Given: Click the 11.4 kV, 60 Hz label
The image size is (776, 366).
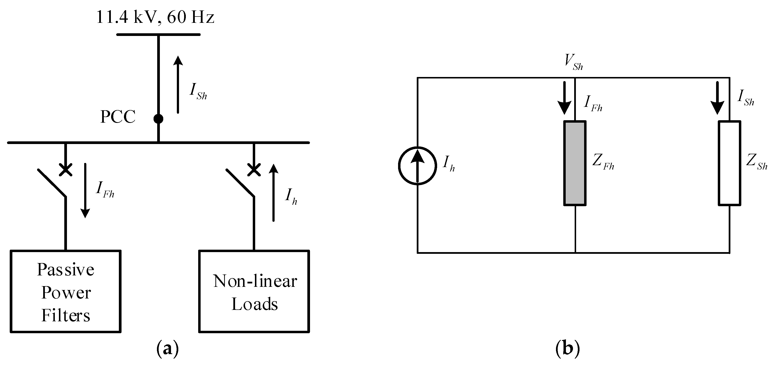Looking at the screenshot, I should tap(155, 17).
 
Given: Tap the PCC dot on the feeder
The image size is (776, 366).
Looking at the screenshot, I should tap(158, 119).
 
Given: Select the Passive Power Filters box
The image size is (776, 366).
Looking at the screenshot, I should tap(66, 291).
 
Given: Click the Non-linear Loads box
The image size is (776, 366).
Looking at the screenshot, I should tap(254, 291).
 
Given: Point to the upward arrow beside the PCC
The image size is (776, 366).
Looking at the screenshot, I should tap(178, 85).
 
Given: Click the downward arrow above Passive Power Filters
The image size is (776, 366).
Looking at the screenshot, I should tap(85, 190).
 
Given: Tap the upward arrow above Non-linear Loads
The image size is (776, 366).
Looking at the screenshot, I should tap(274, 193).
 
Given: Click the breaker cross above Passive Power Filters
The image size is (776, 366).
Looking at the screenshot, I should tap(66, 170).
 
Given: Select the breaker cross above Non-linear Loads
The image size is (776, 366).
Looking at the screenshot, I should tap(254, 170).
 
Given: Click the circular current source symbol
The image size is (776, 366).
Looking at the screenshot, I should tap(417, 166).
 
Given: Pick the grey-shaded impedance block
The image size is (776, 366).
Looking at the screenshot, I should tap(575, 163).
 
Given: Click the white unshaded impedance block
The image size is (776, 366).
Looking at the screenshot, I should tap(729, 163).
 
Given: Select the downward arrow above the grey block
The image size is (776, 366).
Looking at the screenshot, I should tap(564, 98).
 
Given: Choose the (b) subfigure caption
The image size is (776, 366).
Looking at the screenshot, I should tap(568, 349).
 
